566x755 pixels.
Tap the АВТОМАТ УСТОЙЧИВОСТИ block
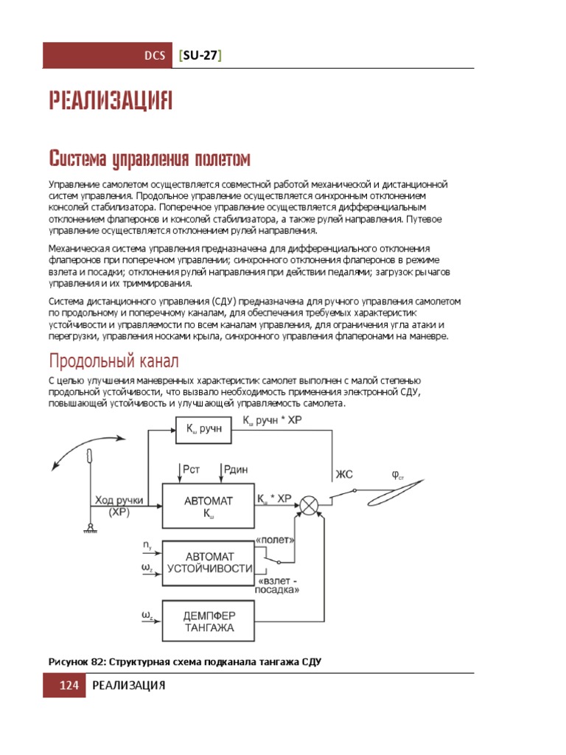(209, 562)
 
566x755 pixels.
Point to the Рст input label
(190, 470)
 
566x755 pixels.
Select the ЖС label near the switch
(344, 475)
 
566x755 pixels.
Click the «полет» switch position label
(276, 540)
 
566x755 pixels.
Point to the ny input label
(148, 546)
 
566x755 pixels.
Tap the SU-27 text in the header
(200, 57)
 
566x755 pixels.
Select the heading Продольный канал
(113, 361)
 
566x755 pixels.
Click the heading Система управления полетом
(150, 159)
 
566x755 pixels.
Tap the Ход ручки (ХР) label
(118, 506)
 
